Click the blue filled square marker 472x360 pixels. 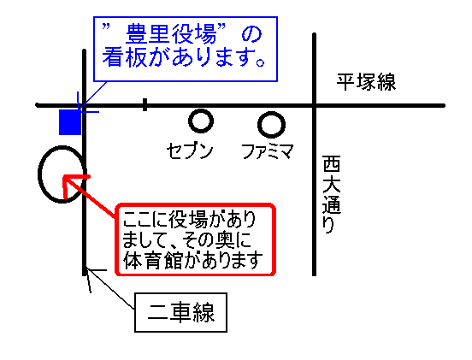[x=70, y=122]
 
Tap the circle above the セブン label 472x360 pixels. [x=201, y=112]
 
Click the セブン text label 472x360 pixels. [x=190, y=150]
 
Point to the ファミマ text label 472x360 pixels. [x=268, y=151]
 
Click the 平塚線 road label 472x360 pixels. [x=366, y=82]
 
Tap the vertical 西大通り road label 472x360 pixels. [x=331, y=194]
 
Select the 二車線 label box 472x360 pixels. [x=180, y=312]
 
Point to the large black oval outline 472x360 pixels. [x=39, y=174]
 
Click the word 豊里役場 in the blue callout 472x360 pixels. [x=171, y=34]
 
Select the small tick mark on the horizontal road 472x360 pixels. [x=145, y=104]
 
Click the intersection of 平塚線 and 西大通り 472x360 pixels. [x=315, y=105]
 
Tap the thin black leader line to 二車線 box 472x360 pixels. [x=110, y=289]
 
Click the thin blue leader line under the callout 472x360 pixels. [x=92, y=94]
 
